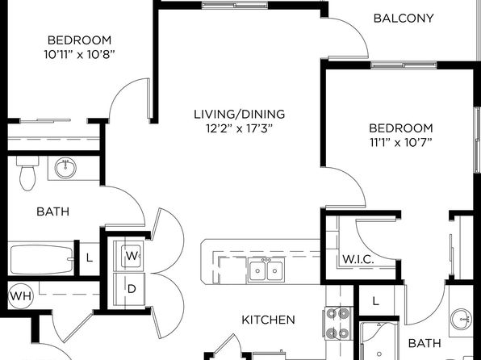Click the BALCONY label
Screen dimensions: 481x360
tap(404, 19)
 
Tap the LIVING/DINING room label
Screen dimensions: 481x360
tap(239, 114)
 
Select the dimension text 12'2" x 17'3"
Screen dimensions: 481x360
tap(239, 128)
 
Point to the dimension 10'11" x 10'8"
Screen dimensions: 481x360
tap(79, 55)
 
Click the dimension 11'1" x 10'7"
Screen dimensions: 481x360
tap(401, 142)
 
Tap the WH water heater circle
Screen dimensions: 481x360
tap(20, 296)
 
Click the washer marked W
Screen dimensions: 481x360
tap(132, 256)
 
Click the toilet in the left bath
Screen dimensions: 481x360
tap(27, 173)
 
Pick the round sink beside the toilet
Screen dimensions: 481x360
tap(65, 168)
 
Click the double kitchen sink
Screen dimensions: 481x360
tap(266, 270)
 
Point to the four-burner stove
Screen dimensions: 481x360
tap(338, 323)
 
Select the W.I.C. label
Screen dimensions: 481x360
tap(358, 259)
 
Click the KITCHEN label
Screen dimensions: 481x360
tap(269, 320)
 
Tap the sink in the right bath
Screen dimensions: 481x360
tap(461, 319)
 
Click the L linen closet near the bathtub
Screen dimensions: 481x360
tap(89, 257)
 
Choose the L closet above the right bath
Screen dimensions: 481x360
tap(376, 301)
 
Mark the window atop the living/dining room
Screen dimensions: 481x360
tap(235, 5)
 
